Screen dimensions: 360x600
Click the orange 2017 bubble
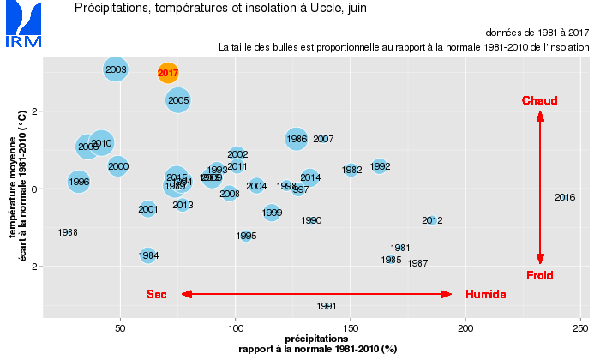click(168, 74)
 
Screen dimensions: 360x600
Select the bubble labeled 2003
click(116, 69)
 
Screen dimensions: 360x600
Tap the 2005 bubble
click(178, 100)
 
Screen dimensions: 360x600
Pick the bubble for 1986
click(297, 138)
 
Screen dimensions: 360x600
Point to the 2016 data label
click(565, 198)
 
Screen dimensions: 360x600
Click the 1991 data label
click(327, 306)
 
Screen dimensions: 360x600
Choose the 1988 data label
click(68, 232)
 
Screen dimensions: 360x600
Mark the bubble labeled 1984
click(148, 255)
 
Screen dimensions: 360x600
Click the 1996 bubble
click(79, 182)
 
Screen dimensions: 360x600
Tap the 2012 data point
click(432, 221)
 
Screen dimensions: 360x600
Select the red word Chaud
click(539, 101)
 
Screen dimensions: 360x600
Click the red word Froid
click(539, 275)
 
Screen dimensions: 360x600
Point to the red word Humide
click(485, 295)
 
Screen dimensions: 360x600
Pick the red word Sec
click(156, 295)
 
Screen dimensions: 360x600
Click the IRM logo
click(21, 26)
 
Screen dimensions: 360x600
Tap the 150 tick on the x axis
click(351, 327)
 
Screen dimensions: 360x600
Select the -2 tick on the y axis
click(26, 267)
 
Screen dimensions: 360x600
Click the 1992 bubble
click(380, 166)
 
